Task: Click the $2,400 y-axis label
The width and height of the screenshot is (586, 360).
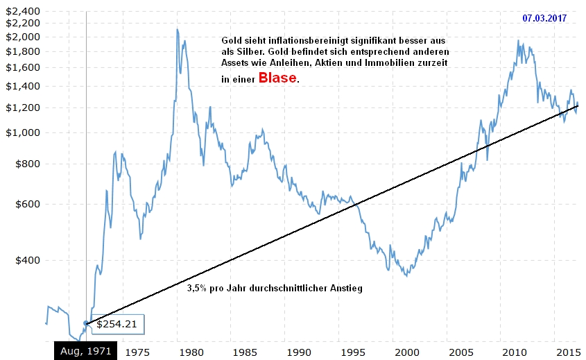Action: [x=21, y=12]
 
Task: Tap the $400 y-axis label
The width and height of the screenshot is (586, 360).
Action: [x=27, y=260]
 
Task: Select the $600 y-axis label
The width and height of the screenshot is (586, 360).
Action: [x=27, y=204]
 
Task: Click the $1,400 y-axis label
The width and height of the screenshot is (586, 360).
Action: [x=21, y=86]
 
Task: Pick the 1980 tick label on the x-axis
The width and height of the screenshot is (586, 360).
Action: [x=191, y=352]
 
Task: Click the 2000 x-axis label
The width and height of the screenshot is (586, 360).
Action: [x=406, y=352]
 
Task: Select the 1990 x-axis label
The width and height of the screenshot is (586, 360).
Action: [x=299, y=352]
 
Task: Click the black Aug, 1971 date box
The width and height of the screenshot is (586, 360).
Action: [x=86, y=351]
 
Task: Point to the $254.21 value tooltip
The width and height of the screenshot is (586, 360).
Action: [x=117, y=323]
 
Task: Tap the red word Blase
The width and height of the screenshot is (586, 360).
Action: [x=277, y=78]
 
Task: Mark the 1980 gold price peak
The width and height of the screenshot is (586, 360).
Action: [x=178, y=30]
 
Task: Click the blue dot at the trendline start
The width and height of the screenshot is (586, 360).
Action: [x=86, y=323]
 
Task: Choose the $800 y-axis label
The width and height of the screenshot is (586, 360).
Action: [x=27, y=164]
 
